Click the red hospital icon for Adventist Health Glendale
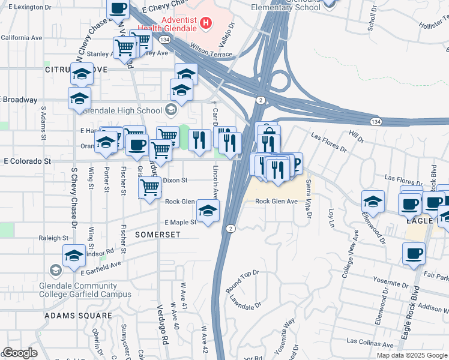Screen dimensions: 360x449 click(x=206, y=23)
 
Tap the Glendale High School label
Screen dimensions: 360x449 click(x=122, y=110)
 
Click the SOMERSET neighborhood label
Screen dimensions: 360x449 click(x=158, y=235)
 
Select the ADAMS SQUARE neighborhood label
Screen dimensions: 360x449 click(x=79, y=315)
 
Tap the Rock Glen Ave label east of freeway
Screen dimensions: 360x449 click(x=277, y=202)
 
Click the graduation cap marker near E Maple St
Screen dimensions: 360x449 click(x=208, y=211)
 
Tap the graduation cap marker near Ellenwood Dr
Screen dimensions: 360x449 click(x=372, y=202)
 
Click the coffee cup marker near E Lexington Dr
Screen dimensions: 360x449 click(x=118, y=8)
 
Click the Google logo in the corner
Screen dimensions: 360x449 click(x=20, y=353)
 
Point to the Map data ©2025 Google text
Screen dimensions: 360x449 click(x=411, y=355)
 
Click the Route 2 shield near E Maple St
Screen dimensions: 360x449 click(x=231, y=229)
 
